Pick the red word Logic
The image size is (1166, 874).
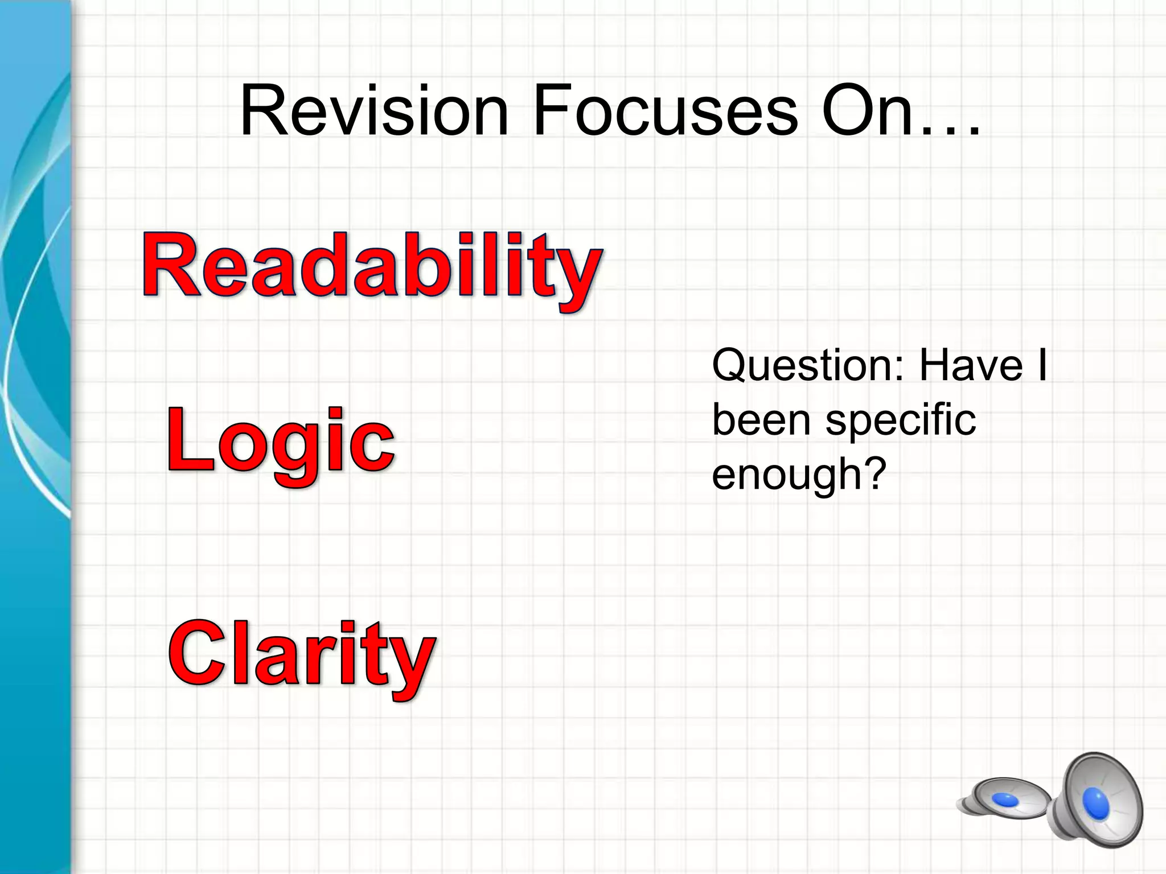point(280,441)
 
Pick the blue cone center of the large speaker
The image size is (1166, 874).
point(1096,802)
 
